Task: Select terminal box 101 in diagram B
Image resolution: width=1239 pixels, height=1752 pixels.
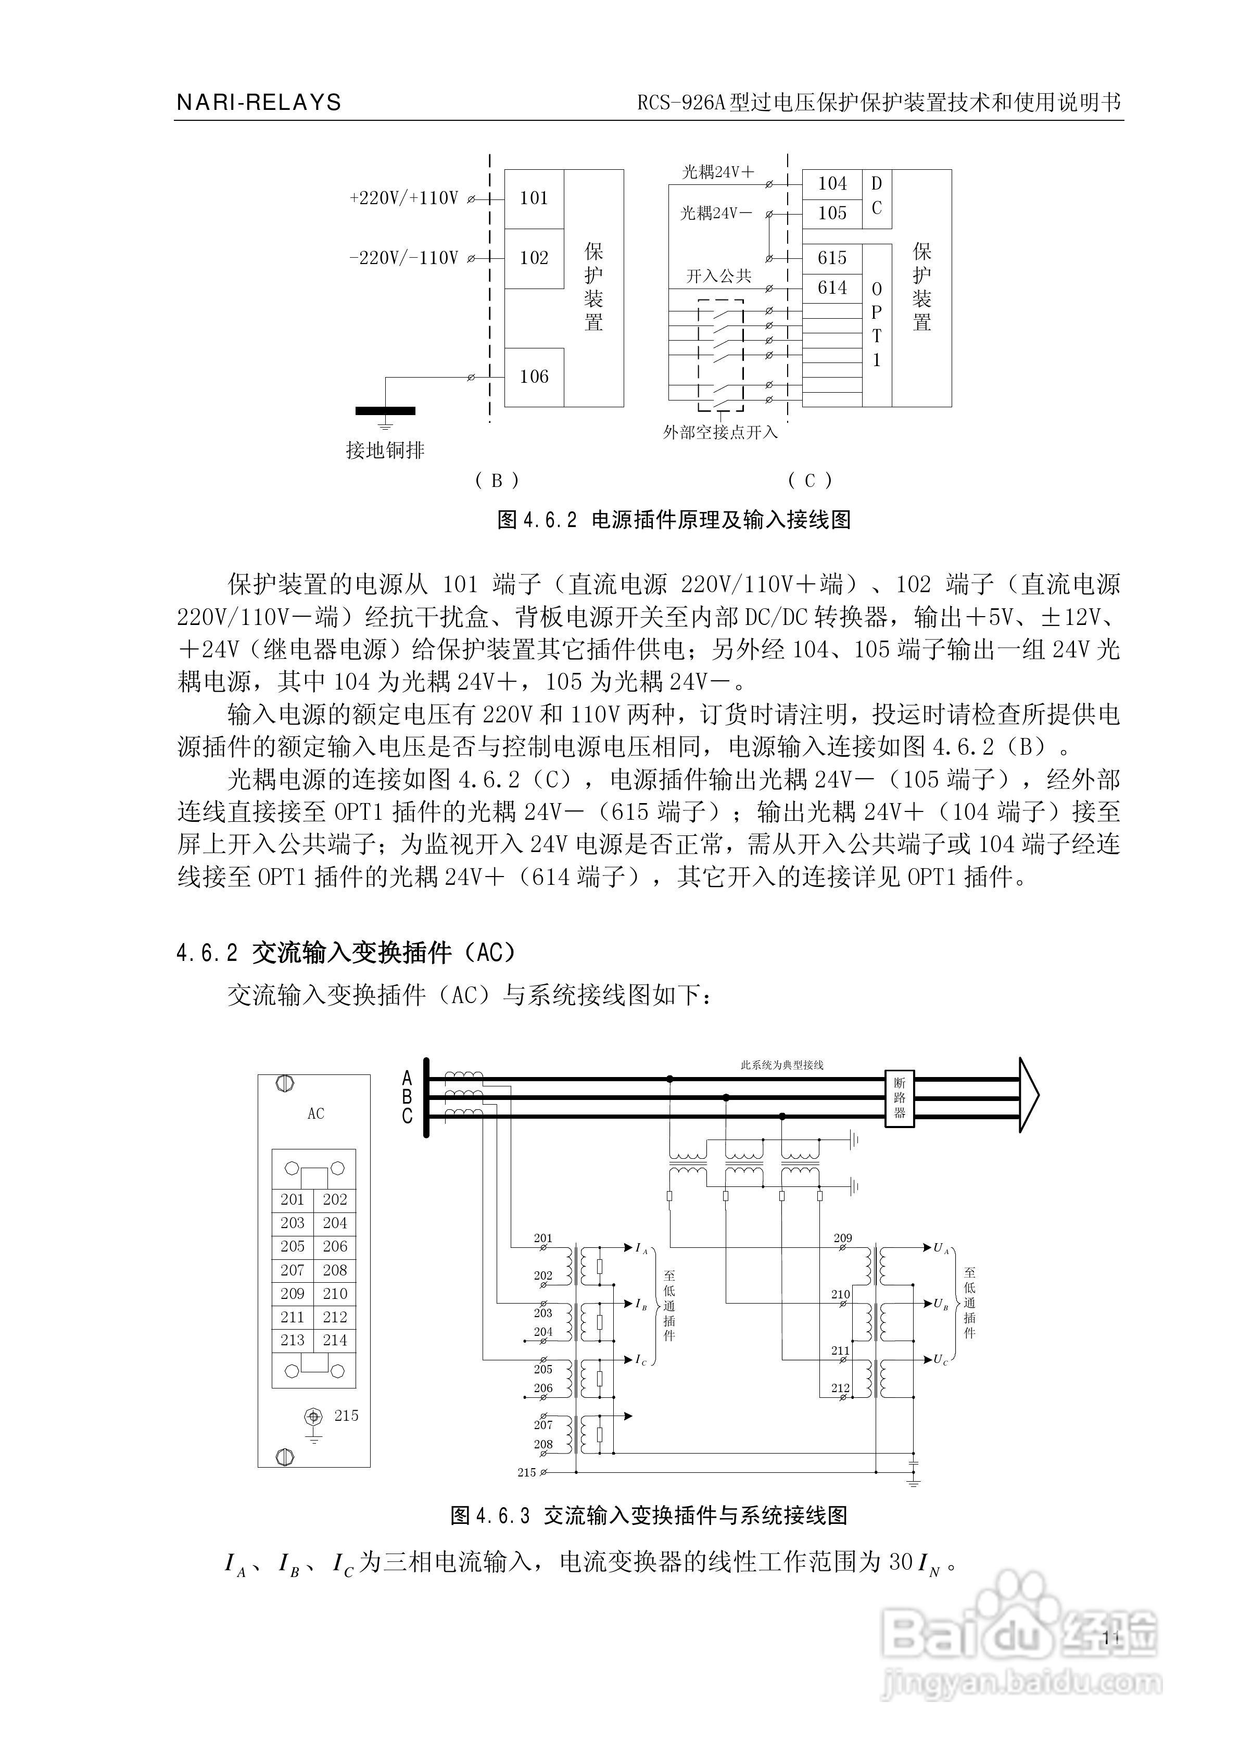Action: (x=534, y=198)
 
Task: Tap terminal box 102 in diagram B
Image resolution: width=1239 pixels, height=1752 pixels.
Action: (x=534, y=258)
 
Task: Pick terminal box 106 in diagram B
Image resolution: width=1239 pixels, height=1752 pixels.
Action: (x=534, y=377)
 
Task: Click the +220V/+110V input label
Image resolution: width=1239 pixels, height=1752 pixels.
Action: (x=403, y=198)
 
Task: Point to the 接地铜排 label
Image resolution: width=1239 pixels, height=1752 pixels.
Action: (x=385, y=451)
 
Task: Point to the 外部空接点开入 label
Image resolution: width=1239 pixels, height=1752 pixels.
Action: (x=720, y=433)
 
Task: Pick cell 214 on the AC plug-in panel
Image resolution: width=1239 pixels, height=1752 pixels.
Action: (x=335, y=1341)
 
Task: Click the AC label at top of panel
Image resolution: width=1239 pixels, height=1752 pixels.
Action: (x=316, y=1114)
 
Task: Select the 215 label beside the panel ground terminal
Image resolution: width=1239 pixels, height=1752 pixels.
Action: (x=346, y=1416)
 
